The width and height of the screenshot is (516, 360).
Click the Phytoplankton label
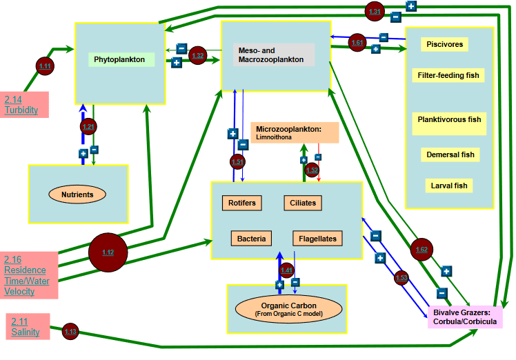[121, 60]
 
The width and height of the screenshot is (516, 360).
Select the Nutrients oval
[77, 194]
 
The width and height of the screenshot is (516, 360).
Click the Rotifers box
[241, 203]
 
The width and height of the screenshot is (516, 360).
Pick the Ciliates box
[303, 203]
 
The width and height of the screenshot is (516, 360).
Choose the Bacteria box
[251, 239]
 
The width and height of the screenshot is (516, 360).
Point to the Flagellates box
[317, 239]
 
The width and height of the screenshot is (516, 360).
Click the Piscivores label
[444, 45]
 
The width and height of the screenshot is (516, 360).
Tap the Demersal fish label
[449, 154]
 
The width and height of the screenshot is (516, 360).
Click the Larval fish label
[449, 186]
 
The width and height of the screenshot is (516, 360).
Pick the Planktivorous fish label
[449, 123]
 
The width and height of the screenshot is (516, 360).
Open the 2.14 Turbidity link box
[25, 104]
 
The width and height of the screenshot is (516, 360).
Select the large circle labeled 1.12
[108, 252]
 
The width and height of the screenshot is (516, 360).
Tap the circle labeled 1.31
[375, 12]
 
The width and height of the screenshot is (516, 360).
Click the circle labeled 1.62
[422, 249]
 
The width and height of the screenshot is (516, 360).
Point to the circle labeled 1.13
[70, 332]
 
